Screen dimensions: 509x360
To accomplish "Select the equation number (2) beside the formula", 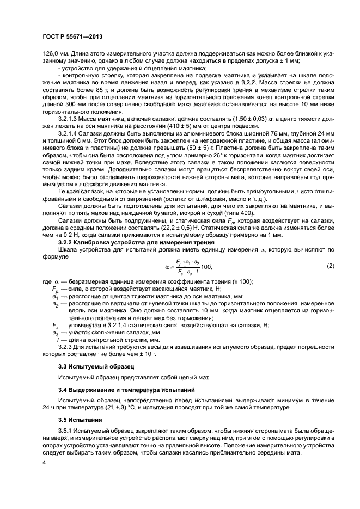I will pyautogui.click(x=330, y=266).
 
